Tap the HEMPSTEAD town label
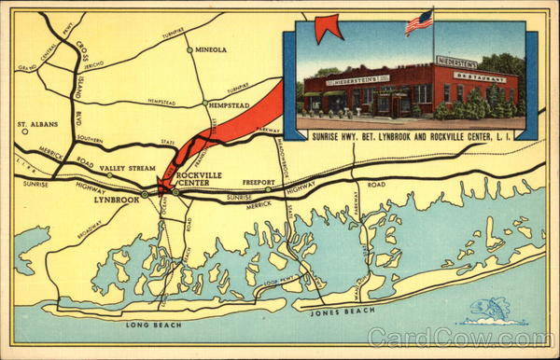click(231, 105)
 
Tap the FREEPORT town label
click(258, 182)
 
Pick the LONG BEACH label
click(150, 325)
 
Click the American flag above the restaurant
click(419, 21)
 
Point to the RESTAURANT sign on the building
click(479, 77)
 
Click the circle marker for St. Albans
click(25, 132)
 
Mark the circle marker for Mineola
click(189, 49)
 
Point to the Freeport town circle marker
click(267, 190)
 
